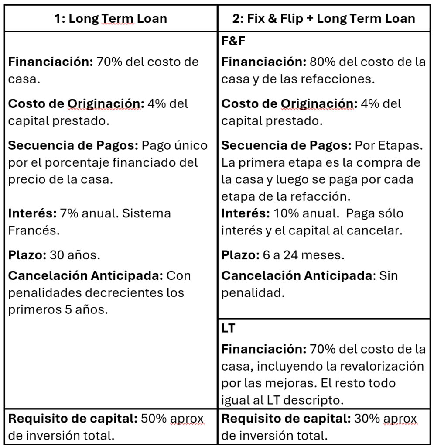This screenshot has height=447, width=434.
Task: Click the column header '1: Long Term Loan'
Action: pos(111,18)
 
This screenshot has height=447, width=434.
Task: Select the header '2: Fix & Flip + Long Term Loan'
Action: pos(323,18)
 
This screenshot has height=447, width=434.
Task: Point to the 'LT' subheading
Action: pos(228,328)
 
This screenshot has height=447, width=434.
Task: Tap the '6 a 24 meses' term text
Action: pos(305,254)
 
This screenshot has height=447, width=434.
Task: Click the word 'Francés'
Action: pos(32,230)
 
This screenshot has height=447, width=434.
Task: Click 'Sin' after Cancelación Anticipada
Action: pos(388,275)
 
